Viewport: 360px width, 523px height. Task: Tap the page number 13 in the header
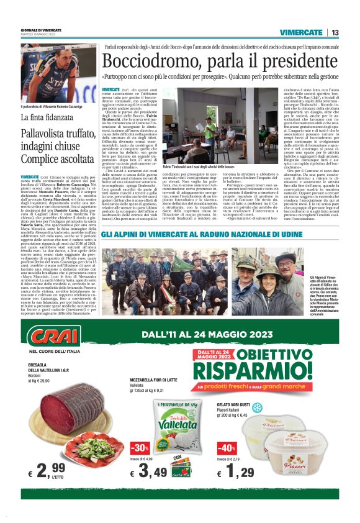pyautogui.click(x=335, y=32)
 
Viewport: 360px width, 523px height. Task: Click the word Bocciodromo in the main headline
pyautogui.click(x=148, y=61)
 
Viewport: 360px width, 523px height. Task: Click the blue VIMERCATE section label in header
pyautogui.click(x=301, y=32)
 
